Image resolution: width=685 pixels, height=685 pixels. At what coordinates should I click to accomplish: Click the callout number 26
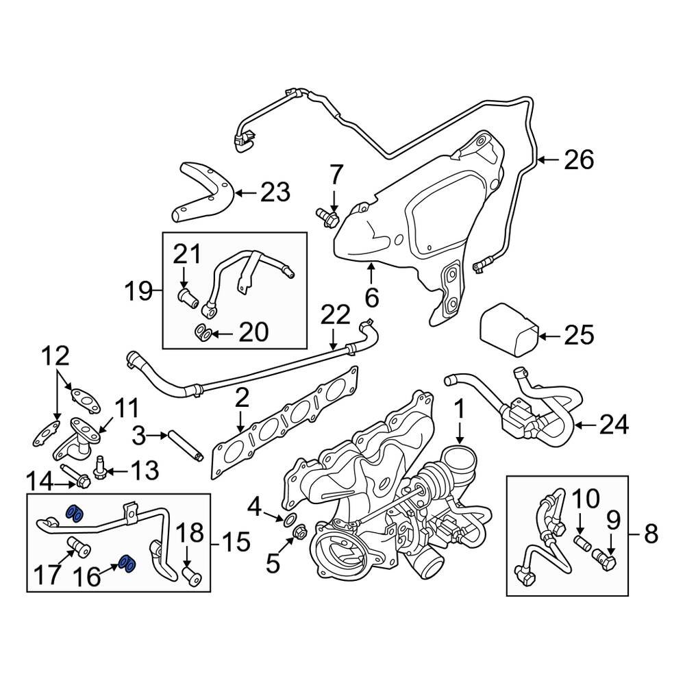pos(578,160)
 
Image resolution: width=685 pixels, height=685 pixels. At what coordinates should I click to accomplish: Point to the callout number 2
pos(240,399)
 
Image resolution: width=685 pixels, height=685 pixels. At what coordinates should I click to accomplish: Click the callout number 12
pos(55,356)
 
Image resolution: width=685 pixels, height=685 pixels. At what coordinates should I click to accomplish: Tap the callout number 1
pos(460,410)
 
